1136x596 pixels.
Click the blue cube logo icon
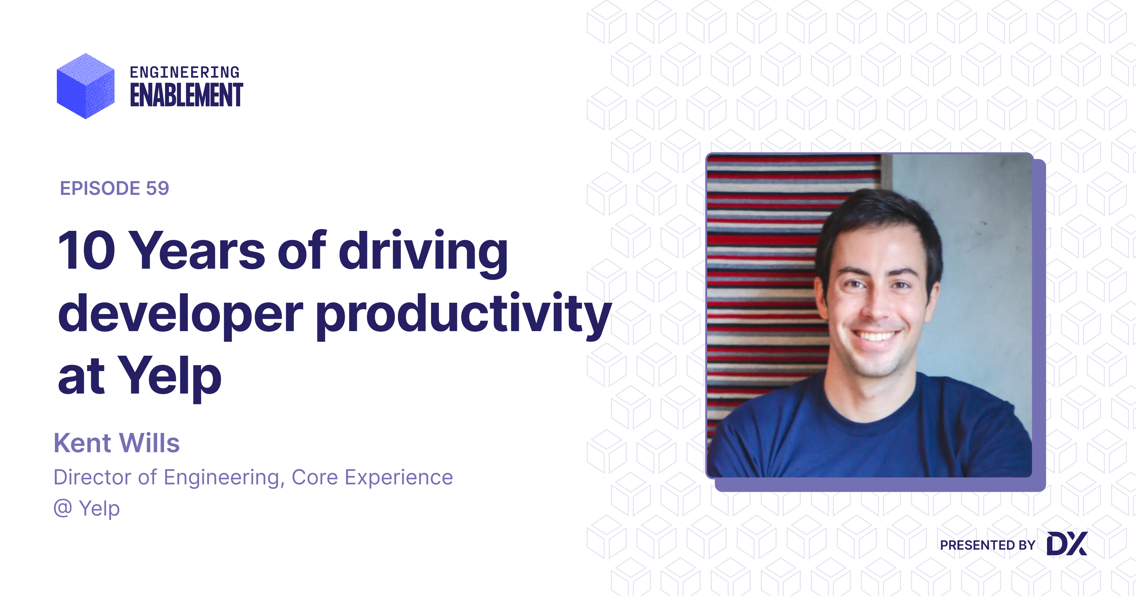click(x=86, y=86)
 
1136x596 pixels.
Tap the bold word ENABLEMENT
click(x=186, y=95)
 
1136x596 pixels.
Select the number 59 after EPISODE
click(x=157, y=188)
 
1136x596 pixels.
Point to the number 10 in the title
click(x=87, y=250)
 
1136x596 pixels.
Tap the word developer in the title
click(x=180, y=314)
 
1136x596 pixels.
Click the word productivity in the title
click(x=463, y=314)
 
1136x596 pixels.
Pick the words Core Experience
click(x=372, y=477)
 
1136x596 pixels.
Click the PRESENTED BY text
click(x=987, y=545)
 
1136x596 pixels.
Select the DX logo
click(x=1067, y=544)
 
